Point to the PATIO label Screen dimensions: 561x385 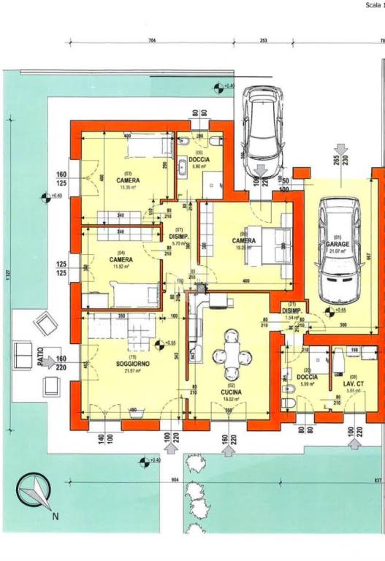click(x=39, y=356)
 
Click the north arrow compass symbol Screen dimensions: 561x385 click(x=34, y=495)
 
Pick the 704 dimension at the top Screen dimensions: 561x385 click(x=152, y=41)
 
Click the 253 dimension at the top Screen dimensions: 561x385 click(x=263, y=41)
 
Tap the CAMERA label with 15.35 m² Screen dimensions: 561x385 click(x=128, y=179)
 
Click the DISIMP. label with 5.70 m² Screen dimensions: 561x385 click(x=180, y=237)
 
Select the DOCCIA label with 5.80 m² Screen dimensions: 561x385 click(x=199, y=160)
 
